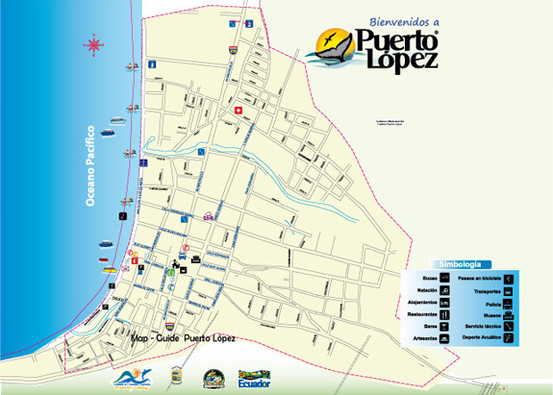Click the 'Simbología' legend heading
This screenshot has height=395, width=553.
pyautogui.click(x=460, y=264)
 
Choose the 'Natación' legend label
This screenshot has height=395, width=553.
pyautogui.click(x=423, y=292)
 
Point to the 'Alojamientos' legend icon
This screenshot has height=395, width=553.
pyautogui.click(x=444, y=303)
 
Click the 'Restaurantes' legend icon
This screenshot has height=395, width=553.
pyautogui.click(x=444, y=315)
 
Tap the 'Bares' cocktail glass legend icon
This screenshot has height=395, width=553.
pyautogui.click(x=444, y=326)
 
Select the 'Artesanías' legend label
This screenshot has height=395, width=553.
pyautogui.click(x=423, y=339)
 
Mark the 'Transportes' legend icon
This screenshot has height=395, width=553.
pyautogui.click(x=508, y=292)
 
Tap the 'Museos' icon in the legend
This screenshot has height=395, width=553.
pyautogui.click(x=508, y=315)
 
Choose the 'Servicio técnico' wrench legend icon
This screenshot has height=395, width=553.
pyautogui.click(x=508, y=326)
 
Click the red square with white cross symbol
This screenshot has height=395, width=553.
pyautogui.click(x=238, y=111)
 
